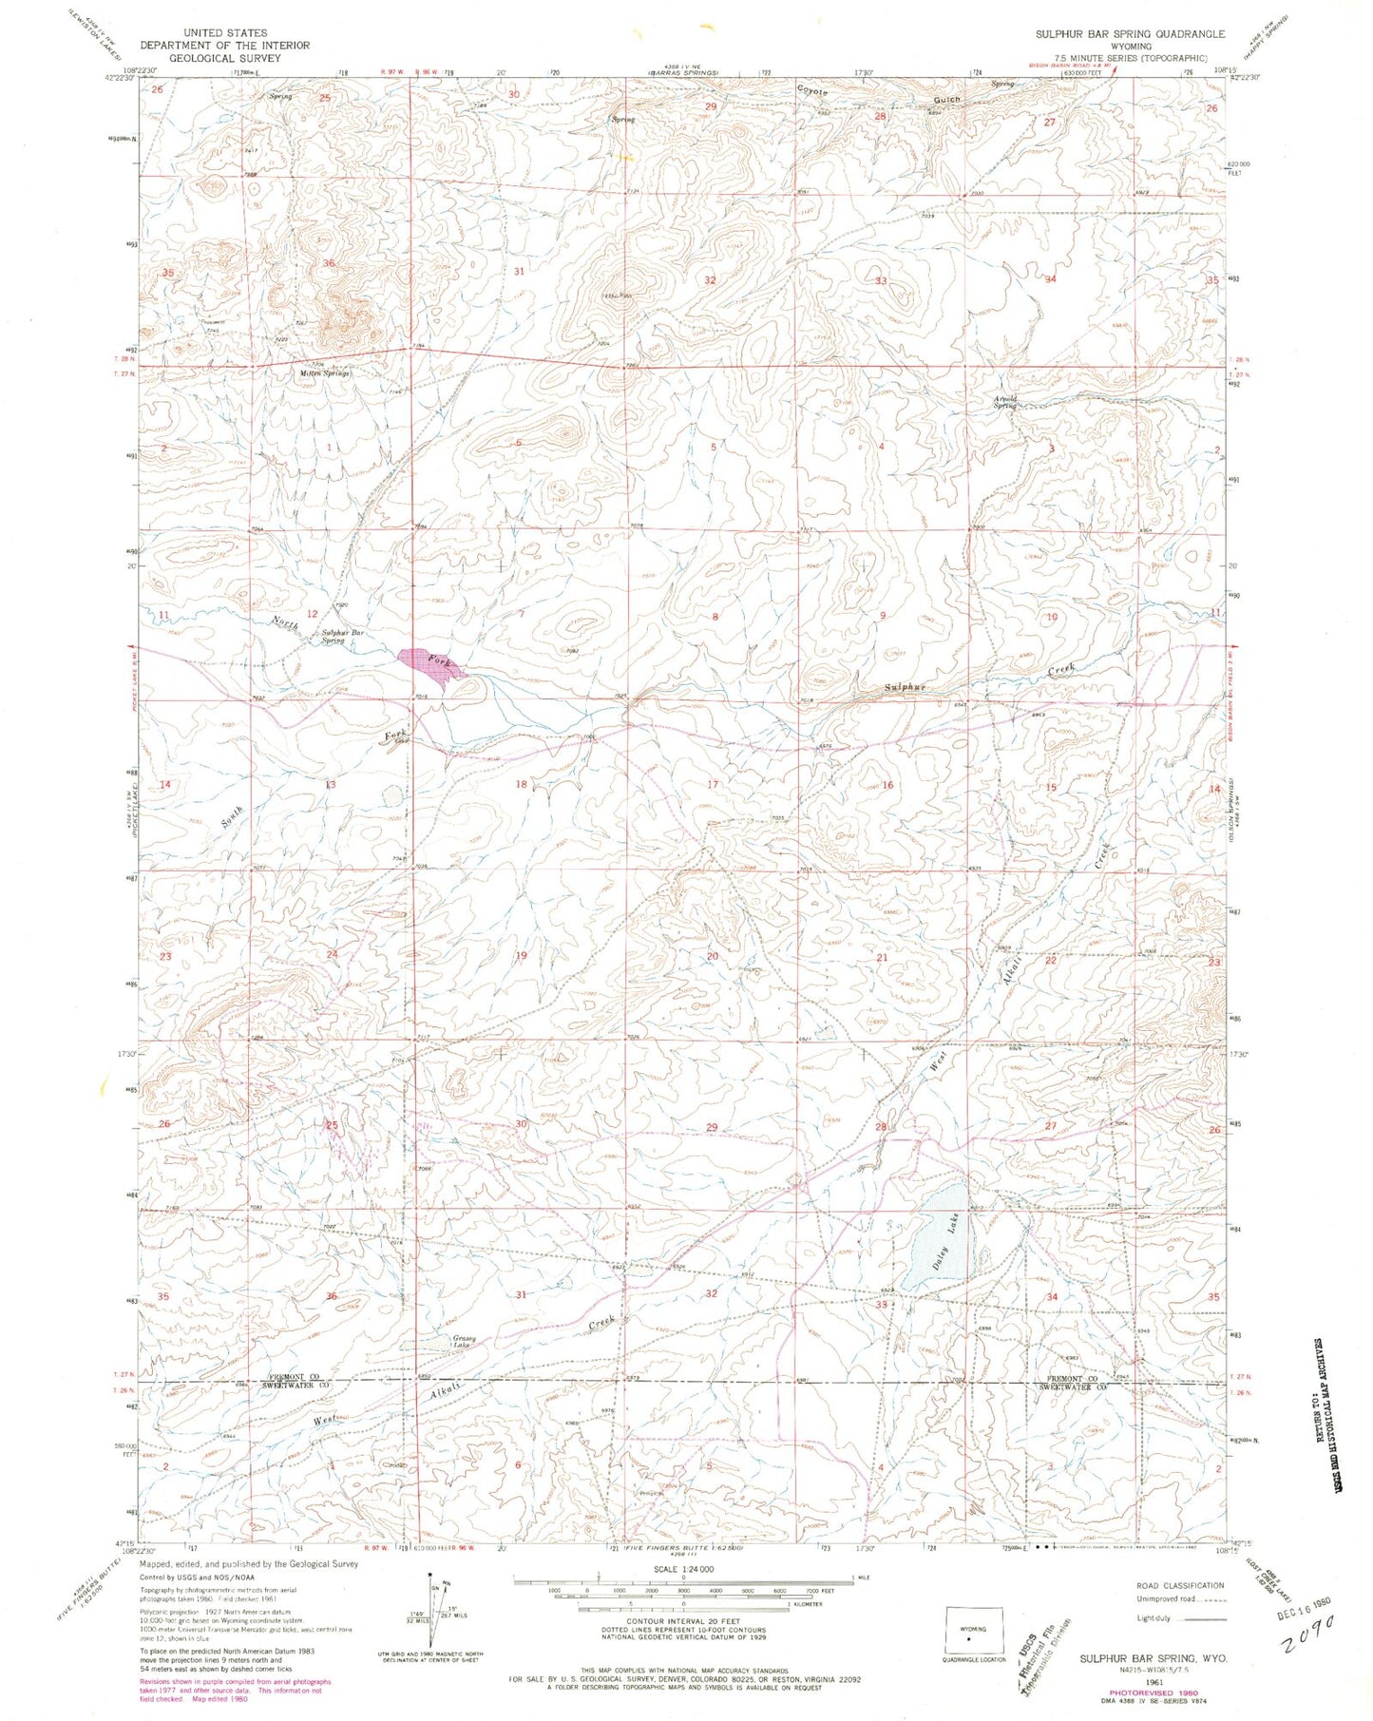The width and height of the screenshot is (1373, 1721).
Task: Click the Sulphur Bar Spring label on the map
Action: click(345, 636)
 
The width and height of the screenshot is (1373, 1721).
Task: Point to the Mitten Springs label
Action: click(326, 373)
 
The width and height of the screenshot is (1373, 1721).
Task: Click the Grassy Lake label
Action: click(461, 1343)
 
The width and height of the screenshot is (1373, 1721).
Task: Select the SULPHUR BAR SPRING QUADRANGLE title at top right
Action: click(1130, 33)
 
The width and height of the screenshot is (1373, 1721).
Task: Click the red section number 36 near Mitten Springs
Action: click(329, 263)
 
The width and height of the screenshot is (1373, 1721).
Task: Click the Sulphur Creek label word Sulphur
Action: click(905, 686)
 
